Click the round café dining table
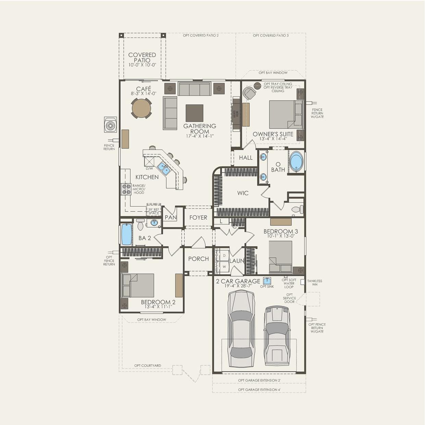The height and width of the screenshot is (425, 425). [141, 108]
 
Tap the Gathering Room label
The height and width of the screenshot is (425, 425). [199, 129]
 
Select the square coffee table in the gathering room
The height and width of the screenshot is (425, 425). [194, 113]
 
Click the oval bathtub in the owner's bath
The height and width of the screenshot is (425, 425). [296, 162]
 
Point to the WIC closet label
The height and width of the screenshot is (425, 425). [243, 193]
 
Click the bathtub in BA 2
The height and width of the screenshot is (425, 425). [126, 234]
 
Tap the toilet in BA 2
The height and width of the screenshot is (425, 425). [140, 225]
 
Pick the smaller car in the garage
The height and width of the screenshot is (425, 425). [277, 336]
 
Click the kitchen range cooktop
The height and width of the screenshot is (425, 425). [126, 189]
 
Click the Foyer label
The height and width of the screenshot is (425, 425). [198, 218]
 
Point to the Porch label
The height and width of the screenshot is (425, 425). [198, 259]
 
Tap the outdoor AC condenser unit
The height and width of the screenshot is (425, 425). [110, 125]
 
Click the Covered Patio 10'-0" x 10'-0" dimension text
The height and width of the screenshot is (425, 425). [142, 65]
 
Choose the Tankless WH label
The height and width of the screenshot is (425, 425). [314, 283]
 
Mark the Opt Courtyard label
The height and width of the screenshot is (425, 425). [147, 366]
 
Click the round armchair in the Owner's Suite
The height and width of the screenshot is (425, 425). [249, 93]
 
